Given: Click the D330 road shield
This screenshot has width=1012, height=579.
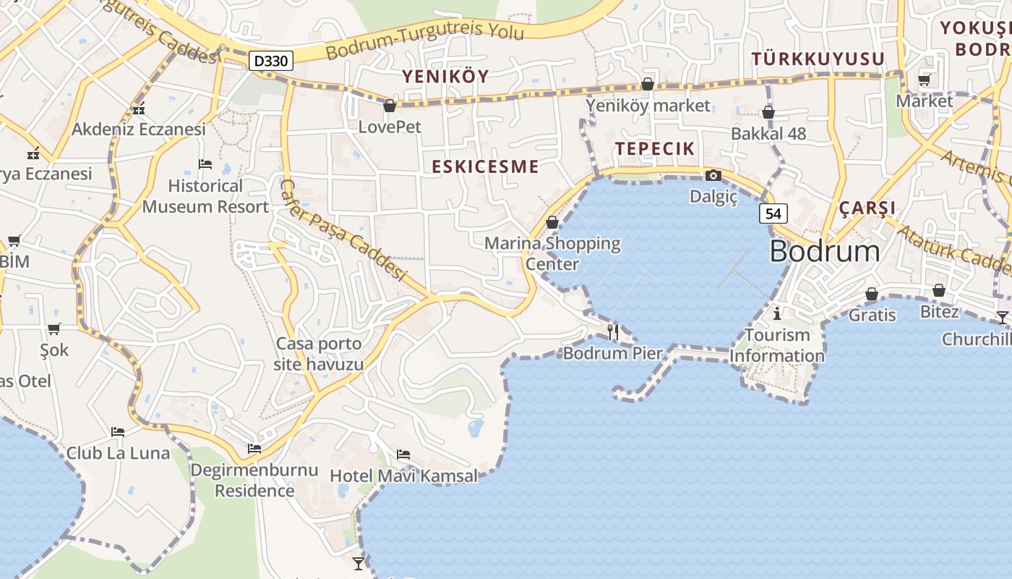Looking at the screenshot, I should pyautogui.click(x=272, y=61).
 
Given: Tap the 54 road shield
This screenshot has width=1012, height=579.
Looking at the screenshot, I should pyautogui.click(x=773, y=213).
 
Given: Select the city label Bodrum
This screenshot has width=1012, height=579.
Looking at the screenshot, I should pyautogui.click(x=825, y=251).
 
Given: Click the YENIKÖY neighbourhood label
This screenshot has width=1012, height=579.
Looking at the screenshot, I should pyautogui.click(x=445, y=76).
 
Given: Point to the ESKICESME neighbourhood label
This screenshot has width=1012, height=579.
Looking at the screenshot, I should pyautogui.click(x=485, y=166).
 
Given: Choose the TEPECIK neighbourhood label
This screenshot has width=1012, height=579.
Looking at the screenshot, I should pyautogui.click(x=655, y=149).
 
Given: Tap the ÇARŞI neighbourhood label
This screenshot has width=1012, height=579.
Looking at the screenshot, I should pyautogui.click(x=867, y=208).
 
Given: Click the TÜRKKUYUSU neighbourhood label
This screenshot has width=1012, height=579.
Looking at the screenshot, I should pyautogui.click(x=818, y=59).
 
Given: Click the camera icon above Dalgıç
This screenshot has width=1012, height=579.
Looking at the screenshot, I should pyautogui.click(x=713, y=175).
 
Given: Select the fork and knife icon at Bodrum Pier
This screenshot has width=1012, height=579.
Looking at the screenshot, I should pyautogui.click(x=613, y=331).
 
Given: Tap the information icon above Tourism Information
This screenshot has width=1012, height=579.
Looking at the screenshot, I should pyautogui.click(x=777, y=313).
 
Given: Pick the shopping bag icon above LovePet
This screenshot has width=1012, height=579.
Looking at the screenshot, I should pyautogui.click(x=390, y=106).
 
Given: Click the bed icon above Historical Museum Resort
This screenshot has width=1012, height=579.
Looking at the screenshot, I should pyautogui.click(x=205, y=164).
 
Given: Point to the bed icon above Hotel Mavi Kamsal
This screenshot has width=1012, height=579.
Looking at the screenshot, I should pyautogui.click(x=403, y=455).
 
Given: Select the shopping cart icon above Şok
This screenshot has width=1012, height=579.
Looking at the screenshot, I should pyautogui.click(x=54, y=329).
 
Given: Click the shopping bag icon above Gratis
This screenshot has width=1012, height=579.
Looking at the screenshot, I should pyautogui.click(x=872, y=294).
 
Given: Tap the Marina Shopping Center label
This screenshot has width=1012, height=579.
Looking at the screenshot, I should pyautogui.click(x=552, y=253).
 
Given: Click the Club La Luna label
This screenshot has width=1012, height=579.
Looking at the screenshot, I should pyautogui.click(x=118, y=454).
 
